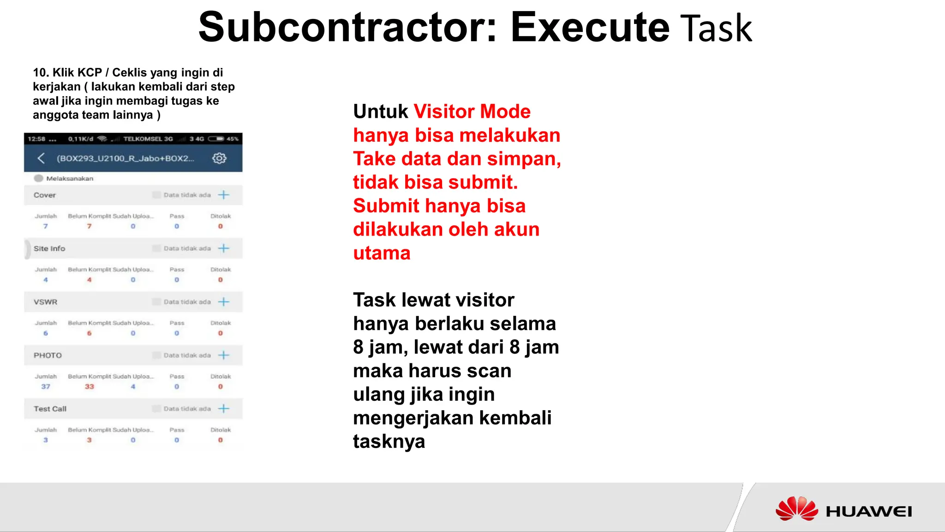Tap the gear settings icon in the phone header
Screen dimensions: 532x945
(219, 158)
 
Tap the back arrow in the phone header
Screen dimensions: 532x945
(41, 158)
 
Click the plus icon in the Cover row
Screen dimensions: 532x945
(224, 195)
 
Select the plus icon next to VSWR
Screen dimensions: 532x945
(224, 302)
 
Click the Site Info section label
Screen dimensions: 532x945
(49, 248)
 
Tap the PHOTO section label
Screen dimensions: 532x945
(48, 356)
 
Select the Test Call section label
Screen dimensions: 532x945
(50, 409)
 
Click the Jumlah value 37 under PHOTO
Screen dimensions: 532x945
(46, 387)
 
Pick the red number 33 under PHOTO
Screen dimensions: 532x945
(89, 387)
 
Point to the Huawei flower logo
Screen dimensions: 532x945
(796, 509)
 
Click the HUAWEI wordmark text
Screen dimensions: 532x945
(868, 512)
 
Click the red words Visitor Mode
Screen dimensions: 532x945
(472, 112)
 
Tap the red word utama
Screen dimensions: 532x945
(382, 253)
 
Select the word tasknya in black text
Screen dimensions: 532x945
(389, 441)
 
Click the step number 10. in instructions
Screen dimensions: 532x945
(41, 73)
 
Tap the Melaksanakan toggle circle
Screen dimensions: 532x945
(39, 178)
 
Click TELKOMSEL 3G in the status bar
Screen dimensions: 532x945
(148, 139)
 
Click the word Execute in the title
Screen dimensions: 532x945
(590, 28)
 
